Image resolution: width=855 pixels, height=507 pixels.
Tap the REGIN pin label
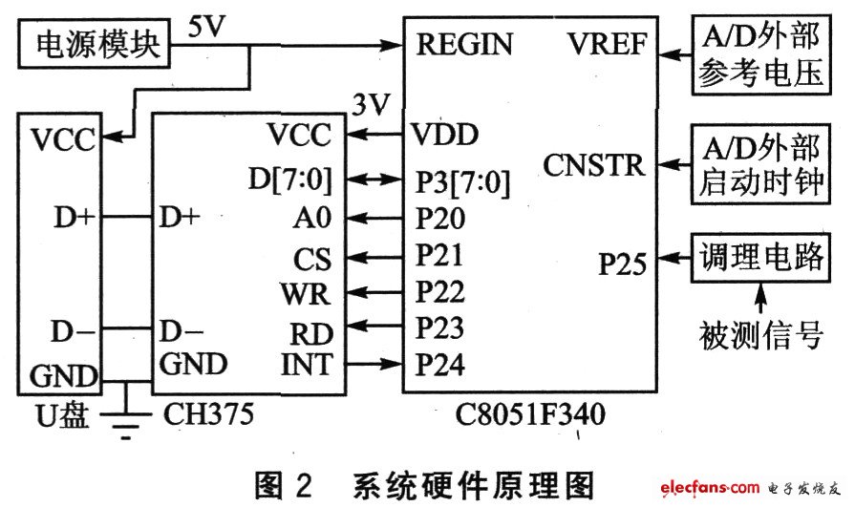coord(464,44)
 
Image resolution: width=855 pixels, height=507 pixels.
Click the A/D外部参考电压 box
coord(761,57)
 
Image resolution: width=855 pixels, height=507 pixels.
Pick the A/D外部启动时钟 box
coord(761,164)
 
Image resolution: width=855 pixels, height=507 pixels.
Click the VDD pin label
coord(444,134)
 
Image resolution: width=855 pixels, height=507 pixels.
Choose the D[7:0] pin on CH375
coord(291,178)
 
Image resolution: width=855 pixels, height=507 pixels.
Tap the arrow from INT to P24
coord(374,364)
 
